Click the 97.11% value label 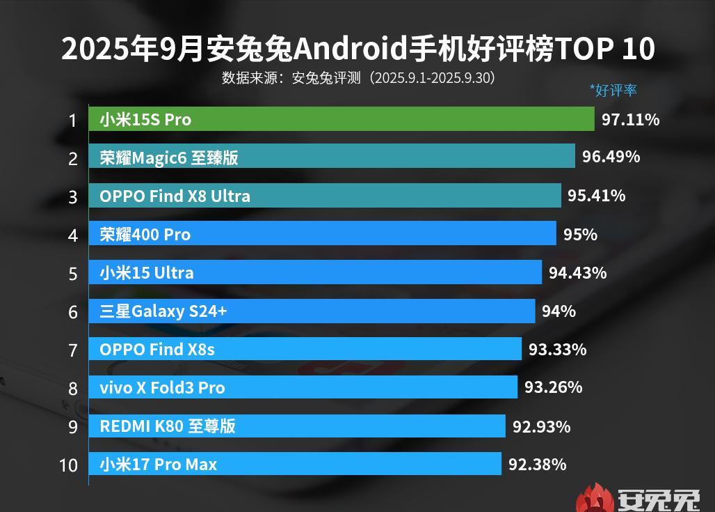630,119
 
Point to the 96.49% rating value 611,157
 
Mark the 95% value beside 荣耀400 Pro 580,234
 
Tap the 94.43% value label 577,272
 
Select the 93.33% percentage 557,349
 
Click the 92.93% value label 541,426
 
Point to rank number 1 72,121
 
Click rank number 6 72,311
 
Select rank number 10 68,465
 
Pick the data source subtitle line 357,77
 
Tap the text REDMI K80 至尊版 168,426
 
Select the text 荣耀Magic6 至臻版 169,157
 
